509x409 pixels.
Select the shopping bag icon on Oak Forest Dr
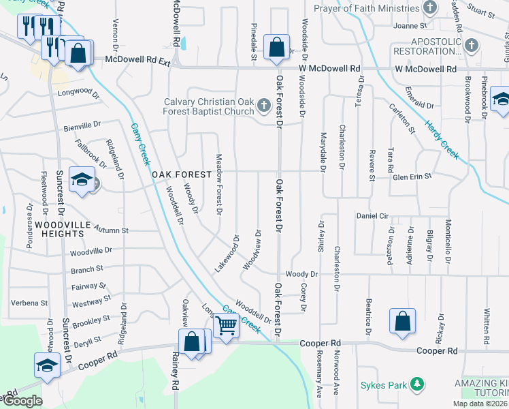277,48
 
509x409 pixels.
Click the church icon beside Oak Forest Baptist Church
265,106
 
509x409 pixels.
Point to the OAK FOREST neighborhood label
178,175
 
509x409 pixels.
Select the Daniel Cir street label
372,216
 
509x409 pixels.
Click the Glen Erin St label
412,177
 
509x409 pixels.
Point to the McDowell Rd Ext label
137,61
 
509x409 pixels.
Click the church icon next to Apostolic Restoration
471,46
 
